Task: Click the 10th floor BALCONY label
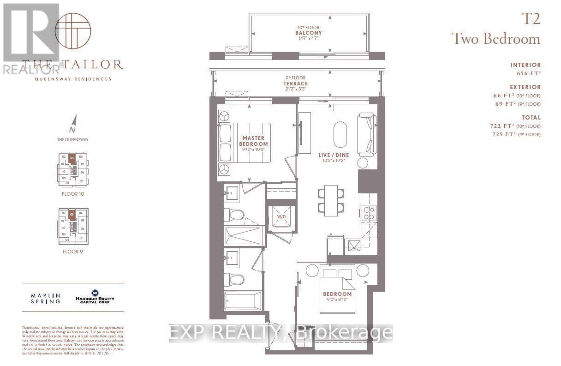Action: [x=308, y=33]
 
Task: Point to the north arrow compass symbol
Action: [x=72, y=124]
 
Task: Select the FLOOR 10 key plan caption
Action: [x=73, y=194]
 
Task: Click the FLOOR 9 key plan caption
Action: [x=73, y=252]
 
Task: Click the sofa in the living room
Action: [x=367, y=134]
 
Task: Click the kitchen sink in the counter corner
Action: [x=355, y=245]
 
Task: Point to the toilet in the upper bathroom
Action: [x=233, y=216]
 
